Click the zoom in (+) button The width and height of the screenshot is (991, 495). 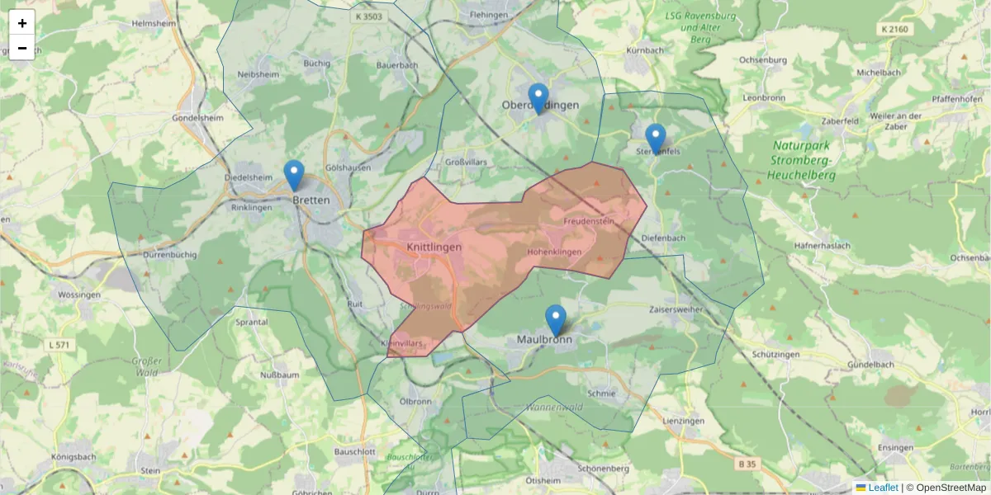(22, 23)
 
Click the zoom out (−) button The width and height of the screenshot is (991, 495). (22, 48)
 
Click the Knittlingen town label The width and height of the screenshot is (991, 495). (434, 247)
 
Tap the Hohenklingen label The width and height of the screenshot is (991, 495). (554, 252)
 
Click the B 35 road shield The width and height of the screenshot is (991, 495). (747, 464)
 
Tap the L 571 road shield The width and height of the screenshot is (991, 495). (59, 344)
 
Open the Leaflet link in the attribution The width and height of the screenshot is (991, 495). (882, 488)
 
